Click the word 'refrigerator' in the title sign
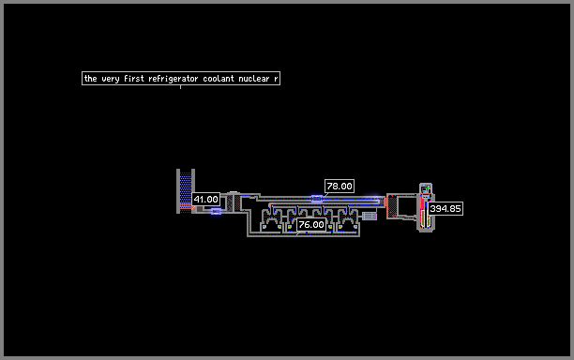point(173,79)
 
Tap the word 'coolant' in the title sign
point(219,79)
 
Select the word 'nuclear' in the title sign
point(253,79)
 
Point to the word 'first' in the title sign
point(133,79)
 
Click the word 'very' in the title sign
point(111,79)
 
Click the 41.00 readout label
point(205,200)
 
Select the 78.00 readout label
point(339,186)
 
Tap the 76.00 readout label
point(311,224)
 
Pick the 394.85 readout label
point(446,208)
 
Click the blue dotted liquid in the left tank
point(186,187)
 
